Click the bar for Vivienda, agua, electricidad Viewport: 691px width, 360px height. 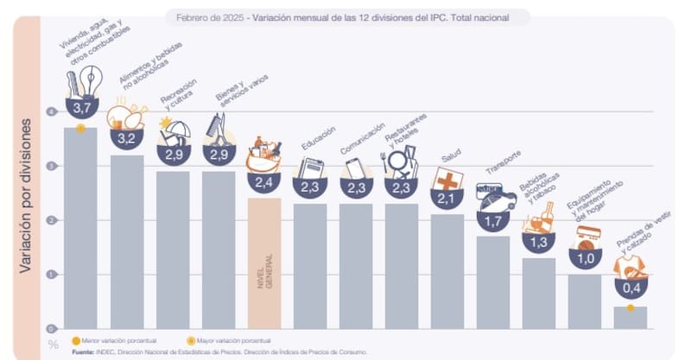[x=80, y=233]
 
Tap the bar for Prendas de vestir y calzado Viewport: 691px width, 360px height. [x=630, y=318]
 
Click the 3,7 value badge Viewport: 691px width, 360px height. [x=82, y=108]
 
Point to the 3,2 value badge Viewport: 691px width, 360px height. [x=127, y=137]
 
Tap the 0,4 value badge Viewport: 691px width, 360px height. [x=631, y=287]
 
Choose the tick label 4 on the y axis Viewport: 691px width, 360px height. [x=53, y=111]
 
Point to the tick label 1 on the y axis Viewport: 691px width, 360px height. [x=53, y=275]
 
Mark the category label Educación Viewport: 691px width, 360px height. [x=318, y=139]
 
